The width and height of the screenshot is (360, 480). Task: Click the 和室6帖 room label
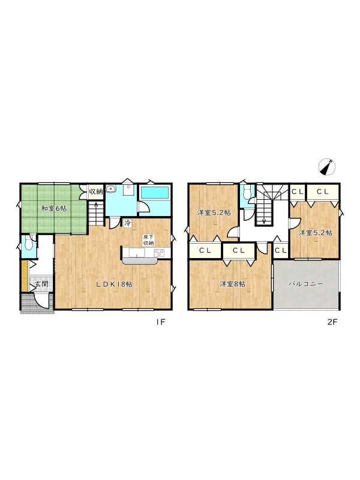coord(54,209)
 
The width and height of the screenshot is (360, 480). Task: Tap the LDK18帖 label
coord(115,284)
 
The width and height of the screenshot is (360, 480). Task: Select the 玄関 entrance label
coord(41,284)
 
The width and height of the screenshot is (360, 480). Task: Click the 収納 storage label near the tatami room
coord(95,192)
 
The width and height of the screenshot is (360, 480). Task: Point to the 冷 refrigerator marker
coord(127,223)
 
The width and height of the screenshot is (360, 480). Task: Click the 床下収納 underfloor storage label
coord(148,239)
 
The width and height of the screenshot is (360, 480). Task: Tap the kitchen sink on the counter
coord(137,253)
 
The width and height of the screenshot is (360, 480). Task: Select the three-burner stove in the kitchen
coord(159,253)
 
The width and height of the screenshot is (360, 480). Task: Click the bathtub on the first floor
coord(154,193)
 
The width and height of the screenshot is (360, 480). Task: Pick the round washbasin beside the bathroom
coord(111,189)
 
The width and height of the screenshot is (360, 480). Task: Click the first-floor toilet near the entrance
coord(29,243)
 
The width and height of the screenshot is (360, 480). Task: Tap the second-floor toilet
coord(247,192)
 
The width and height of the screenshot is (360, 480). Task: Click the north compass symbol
coord(327,167)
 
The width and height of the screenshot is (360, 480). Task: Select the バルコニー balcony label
coord(306,284)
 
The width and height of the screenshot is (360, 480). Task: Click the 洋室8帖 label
coord(232,284)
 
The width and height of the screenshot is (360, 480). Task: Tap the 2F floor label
coord(332,322)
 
